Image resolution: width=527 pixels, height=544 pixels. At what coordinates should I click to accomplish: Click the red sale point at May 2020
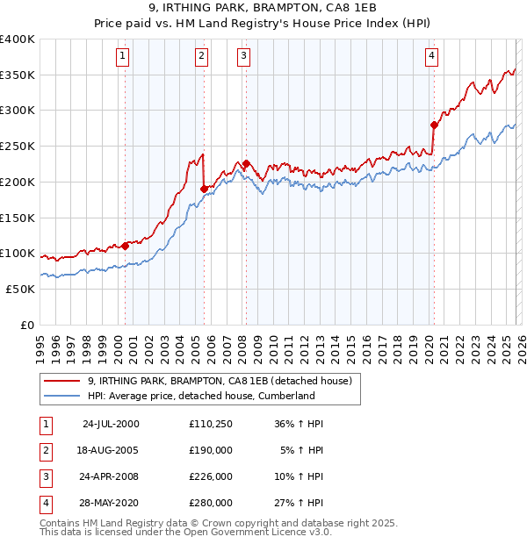pyautogui.click(x=434, y=125)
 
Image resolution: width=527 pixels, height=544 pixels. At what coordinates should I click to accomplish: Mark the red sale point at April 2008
pyautogui.click(x=247, y=163)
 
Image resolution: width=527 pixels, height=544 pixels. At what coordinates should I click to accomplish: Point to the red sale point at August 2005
pyautogui.click(x=204, y=189)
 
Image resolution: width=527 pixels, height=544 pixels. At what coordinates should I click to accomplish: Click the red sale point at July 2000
pyautogui.click(x=126, y=246)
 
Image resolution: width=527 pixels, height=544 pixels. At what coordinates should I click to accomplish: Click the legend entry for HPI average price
pyautogui.click(x=201, y=396)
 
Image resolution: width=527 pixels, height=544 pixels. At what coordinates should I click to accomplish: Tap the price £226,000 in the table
pyautogui.click(x=211, y=478)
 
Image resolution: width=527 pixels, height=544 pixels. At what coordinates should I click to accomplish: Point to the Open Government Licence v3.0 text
pyautogui.click(x=254, y=533)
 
